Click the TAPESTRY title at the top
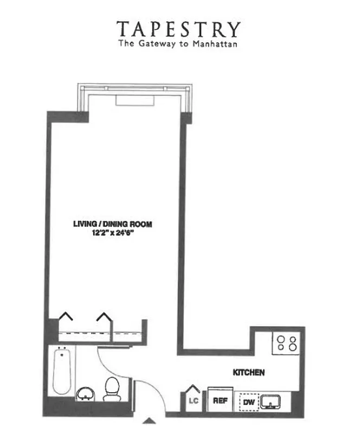(x=178, y=29)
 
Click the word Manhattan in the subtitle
(x=217, y=43)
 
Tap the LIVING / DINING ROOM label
(x=112, y=223)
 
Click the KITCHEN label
(x=248, y=373)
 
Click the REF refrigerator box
(x=220, y=401)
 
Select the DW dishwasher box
(x=248, y=401)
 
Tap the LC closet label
(x=191, y=402)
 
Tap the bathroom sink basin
(x=86, y=392)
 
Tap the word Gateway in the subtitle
(x=159, y=43)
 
